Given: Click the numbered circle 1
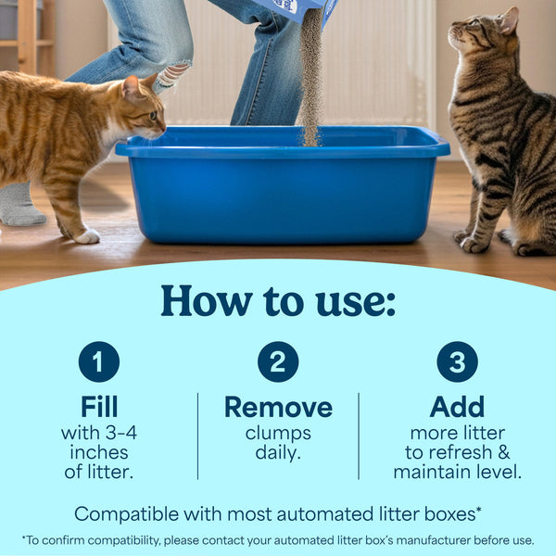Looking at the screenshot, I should [x=98, y=361].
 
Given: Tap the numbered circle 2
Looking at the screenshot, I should [x=278, y=361].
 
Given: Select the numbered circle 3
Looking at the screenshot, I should [x=457, y=361].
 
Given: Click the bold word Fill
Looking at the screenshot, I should [x=98, y=407].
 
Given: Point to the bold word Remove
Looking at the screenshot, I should [x=278, y=407].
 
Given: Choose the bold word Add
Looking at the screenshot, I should [x=457, y=407].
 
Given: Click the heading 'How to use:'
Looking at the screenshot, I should [x=278, y=300].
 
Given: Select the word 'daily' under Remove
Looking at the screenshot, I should [x=278, y=452].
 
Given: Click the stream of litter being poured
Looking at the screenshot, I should [x=310, y=83].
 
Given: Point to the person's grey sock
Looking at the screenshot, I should [x=19, y=206].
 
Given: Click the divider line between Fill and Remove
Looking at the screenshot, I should [x=197, y=436].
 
